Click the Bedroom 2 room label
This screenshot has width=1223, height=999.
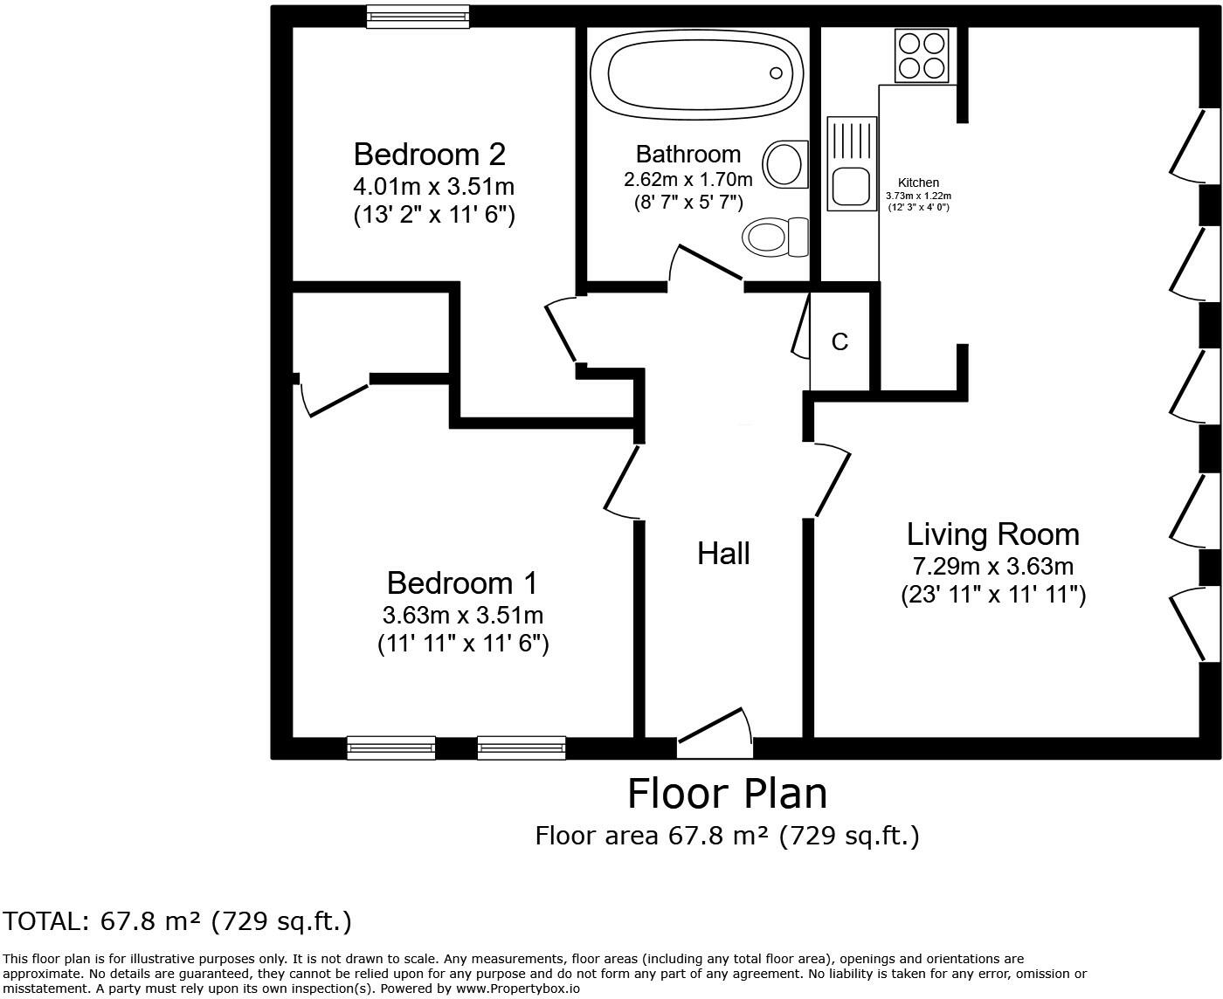[429, 155]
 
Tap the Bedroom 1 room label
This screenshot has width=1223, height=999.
[461, 582]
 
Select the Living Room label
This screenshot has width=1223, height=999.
[992, 534]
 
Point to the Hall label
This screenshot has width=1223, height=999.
[723, 554]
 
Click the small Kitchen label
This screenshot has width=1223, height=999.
[918, 183]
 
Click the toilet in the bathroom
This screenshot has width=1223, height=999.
[776, 237]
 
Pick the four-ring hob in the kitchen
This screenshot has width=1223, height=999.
[922, 55]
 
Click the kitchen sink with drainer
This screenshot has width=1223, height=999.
[852, 163]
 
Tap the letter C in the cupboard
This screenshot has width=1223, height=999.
[840, 341]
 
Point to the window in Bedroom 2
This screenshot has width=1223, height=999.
[418, 17]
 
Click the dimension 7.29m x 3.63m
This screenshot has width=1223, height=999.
[992, 566]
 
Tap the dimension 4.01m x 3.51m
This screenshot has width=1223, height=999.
[433, 186]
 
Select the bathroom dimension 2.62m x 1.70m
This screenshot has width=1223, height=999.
[688, 180]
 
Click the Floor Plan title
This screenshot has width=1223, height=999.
[727, 794]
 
